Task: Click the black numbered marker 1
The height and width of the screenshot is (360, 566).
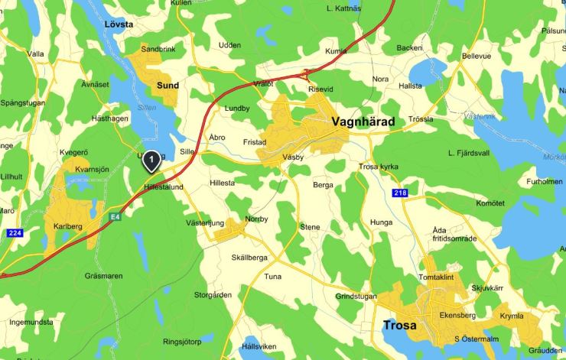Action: (152, 160)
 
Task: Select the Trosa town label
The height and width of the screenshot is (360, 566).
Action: (399, 326)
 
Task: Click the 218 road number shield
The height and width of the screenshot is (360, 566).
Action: (401, 193)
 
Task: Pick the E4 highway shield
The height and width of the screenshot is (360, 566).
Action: (115, 217)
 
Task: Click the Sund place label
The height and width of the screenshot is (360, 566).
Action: (168, 86)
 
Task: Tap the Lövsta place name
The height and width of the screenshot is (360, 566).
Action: (119, 24)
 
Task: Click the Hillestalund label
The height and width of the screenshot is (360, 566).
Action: (164, 186)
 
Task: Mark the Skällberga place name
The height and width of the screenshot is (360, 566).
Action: (249, 258)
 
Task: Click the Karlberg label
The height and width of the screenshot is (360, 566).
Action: (68, 225)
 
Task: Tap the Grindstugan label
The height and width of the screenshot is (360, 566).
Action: (356, 297)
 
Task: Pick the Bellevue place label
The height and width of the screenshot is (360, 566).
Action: (477, 57)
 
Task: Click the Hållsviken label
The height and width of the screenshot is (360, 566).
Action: (259, 347)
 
